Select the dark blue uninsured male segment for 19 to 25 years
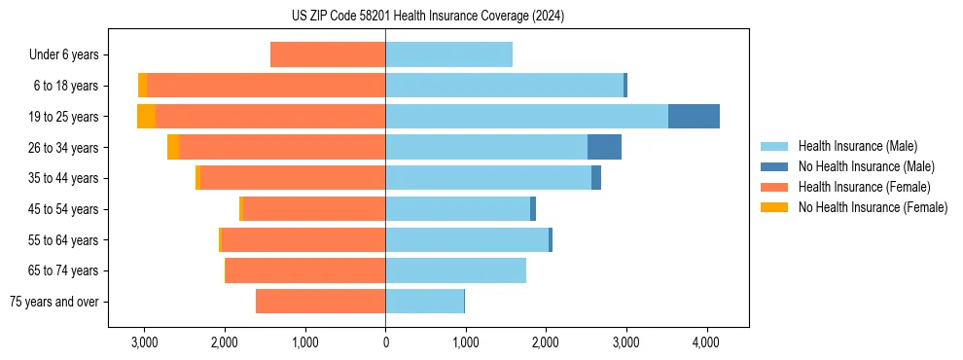pyautogui.click(x=694, y=116)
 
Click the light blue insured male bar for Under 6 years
pyautogui.click(x=448, y=54)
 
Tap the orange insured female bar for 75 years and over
pyautogui.click(x=320, y=302)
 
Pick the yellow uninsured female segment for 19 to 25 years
pyautogui.click(x=146, y=116)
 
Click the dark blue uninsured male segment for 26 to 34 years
pyautogui.click(x=604, y=147)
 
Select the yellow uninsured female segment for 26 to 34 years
pyautogui.click(x=173, y=147)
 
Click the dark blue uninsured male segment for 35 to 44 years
pyautogui.click(x=596, y=178)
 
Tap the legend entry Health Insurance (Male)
pyautogui.click(x=857, y=146)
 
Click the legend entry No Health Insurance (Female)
pyautogui.click(x=873, y=207)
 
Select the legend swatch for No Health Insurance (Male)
pyautogui.click(x=774, y=166)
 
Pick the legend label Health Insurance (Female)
pyautogui.click(x=865, y=187)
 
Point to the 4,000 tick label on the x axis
pyautogui.click(x=705, y=342)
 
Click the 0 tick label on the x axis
pyautogui.click(x=385, y=342)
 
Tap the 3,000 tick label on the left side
pyautogui.click(x=144, y=342)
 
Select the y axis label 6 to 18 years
pyautogui.click(x=66, y=86)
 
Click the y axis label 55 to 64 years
pyautogui.click(x=63, y=239)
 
